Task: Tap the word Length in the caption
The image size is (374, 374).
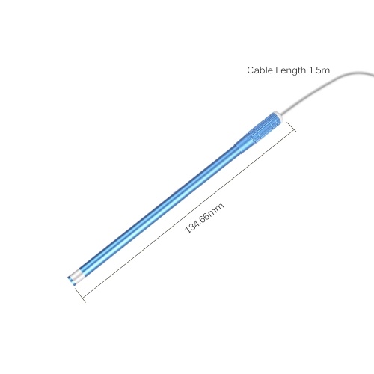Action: click(290, 70)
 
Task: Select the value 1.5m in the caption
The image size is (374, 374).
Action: click(319, 70)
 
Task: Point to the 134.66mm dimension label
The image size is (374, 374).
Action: click(204, 218)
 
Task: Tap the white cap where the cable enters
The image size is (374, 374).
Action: click(278, 116)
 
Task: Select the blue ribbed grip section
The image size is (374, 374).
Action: click(263, 127)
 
